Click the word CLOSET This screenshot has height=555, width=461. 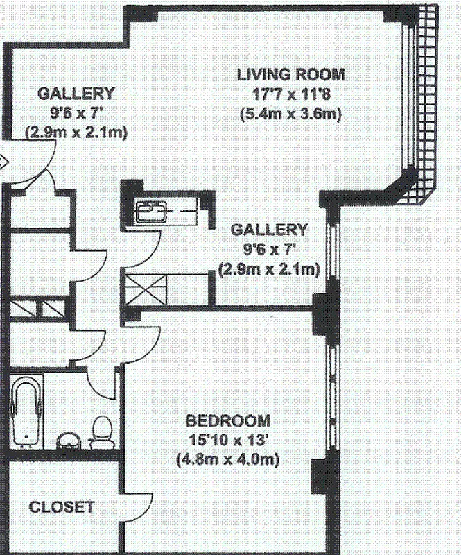pos(61,507)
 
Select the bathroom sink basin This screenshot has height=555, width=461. pos(68,440)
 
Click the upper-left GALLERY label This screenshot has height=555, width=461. pos(76,93)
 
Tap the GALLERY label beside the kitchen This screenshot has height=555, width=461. pos(269,230)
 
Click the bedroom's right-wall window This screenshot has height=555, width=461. pos(331,388)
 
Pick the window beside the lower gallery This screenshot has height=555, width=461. pos(331,250)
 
